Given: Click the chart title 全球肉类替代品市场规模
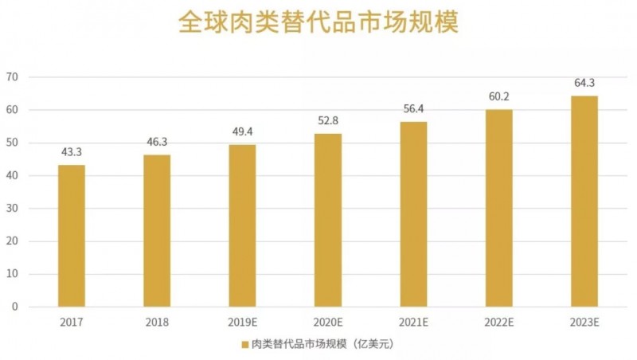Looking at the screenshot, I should pyautogui.click(x=318, y=23).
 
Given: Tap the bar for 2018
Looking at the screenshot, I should pyautogui.click(x=157, y=231).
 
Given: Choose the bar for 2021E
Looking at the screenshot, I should pyautogui.click(x=413, y=214).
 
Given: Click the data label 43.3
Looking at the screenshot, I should pyautogui.click(x=72, y=152).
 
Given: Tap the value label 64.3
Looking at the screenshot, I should pyautogui.click(x=584, y=83).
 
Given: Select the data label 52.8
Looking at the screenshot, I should pyautogui.click(x=328, y=121).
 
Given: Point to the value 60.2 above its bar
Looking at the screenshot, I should pyautogui.click(x=498, y=96).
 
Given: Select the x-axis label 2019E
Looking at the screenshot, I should pyautogui.click(x=242, y=322).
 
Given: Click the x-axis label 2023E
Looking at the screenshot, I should pyautogui.click(x=584, y=322).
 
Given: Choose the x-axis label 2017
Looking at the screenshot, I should pyautogui.click(x=72, y=322).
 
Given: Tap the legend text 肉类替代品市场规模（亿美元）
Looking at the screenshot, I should pyautogui.click(x=322, y=345).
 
